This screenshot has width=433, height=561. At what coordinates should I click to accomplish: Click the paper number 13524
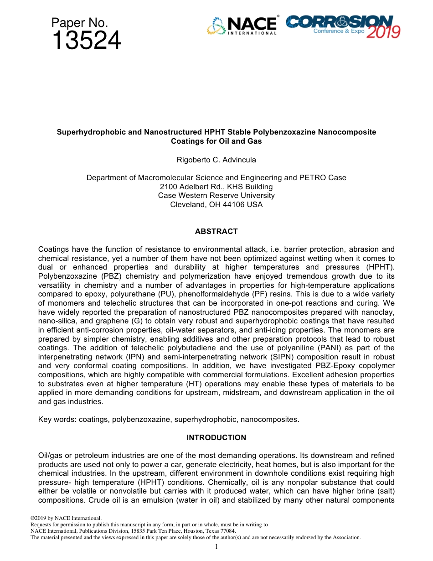coord(86,41)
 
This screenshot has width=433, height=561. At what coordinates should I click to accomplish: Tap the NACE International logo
coord(242,26)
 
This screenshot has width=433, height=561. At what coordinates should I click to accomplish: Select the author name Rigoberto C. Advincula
coord(216,160)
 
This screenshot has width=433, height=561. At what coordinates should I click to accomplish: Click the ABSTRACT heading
coord(216,231)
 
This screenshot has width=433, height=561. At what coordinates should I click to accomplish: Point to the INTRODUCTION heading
coord(216,437)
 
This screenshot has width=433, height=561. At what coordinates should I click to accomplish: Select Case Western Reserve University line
coord(216,195)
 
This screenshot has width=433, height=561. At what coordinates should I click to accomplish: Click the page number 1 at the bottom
coord(216,546)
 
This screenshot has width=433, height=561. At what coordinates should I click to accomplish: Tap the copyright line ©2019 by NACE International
coord(66,519)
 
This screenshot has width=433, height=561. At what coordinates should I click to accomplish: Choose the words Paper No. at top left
coord(79,23)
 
